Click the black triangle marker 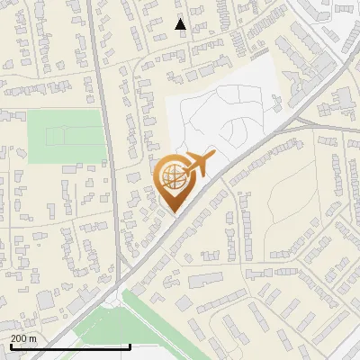click(180, 24)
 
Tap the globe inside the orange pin click(172, 177)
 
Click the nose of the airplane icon click(213, 155)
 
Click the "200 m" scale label click(23, 338)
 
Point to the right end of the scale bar click(130, 345)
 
